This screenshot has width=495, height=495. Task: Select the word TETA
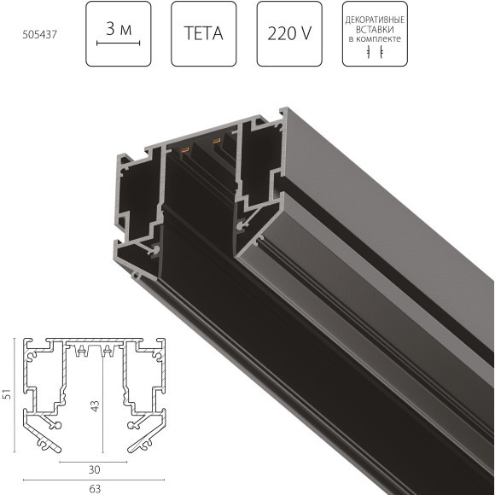coord(203,34)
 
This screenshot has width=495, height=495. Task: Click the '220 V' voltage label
coord(289,34)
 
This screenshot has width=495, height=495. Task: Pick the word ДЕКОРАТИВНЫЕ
coord(374,20)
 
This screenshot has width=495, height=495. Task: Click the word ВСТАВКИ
coord(374,29)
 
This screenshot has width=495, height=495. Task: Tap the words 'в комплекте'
coord(374,38)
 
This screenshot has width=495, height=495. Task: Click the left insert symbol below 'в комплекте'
coord(368,52)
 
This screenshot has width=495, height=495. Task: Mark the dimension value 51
coord(9,395)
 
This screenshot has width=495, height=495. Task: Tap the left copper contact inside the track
coord(183,151)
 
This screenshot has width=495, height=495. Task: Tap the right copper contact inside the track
coord(217,141)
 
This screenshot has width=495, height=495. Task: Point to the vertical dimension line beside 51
coord(16,395)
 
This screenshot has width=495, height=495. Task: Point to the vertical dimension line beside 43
coord(102,401)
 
